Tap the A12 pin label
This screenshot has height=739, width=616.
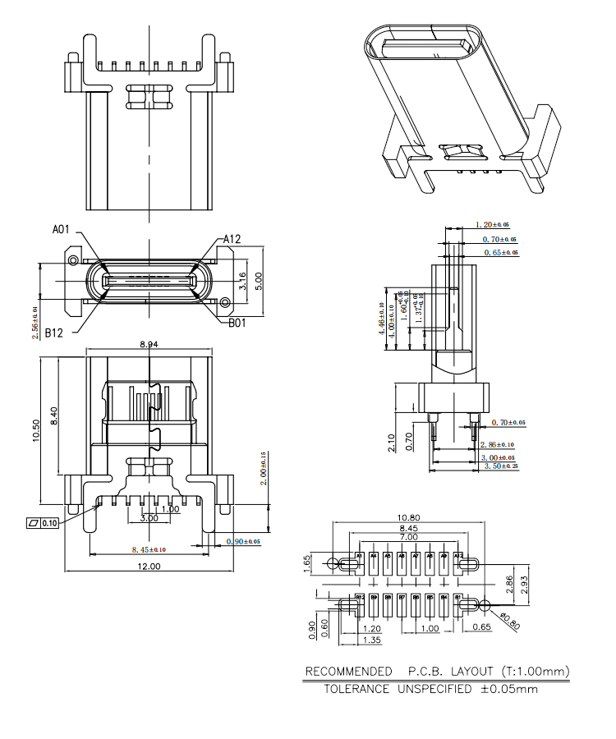coord(232,239)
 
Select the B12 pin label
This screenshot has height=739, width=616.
coord(54,333)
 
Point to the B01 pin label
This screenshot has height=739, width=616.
coord(238,323)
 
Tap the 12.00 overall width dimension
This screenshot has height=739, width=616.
coord(149,567)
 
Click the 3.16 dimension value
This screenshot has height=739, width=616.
coord(242,282)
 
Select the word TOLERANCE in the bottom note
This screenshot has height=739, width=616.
coord(356,689)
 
